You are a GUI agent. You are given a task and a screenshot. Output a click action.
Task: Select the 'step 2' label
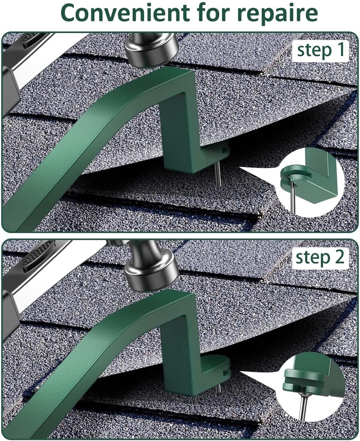pos(319,257)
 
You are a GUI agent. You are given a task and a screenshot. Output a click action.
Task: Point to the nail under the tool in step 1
pos(218,174)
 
